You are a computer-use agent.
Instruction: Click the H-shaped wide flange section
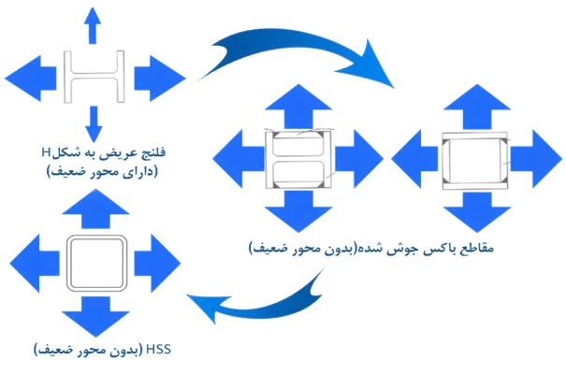coord(94,77)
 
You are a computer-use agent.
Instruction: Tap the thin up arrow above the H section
coord(93,25)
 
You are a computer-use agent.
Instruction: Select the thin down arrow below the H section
coord(94,124)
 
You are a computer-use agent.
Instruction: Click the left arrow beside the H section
coord(31,79)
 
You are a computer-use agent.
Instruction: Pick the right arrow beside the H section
coord(160,79)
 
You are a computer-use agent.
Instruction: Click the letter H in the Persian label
coord(46,152)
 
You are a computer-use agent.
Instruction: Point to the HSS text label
coord(158,350)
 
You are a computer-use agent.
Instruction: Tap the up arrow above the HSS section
coord(95,209)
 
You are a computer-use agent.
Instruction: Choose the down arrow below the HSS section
coord(95,317)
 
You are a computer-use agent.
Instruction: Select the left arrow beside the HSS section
coord(35,263)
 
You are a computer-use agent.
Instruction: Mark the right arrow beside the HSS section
coord(157,263)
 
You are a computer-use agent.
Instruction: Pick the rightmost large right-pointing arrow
coord(537,159)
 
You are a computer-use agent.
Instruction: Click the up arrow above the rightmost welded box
coord(477,107)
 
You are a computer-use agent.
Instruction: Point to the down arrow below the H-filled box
coord(298,211)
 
